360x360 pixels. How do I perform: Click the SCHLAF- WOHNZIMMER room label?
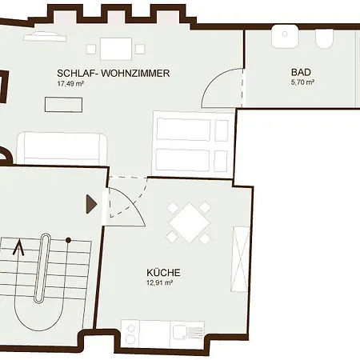point(114,73)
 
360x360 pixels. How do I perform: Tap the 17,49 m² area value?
point(70,83)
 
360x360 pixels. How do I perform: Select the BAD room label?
point(301,72)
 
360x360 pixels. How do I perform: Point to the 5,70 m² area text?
point(302,82)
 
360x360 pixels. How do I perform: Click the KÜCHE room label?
point(163,273)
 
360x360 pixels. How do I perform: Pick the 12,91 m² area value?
point(159,282)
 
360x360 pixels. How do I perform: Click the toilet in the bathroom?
point(325,39)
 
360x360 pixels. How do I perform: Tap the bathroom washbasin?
point(285,36)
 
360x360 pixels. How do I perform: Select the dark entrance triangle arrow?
point(91,204)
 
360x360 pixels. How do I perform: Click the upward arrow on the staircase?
point(18,247)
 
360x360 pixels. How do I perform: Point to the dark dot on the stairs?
point(68,240)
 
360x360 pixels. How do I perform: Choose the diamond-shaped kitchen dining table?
point(190,223)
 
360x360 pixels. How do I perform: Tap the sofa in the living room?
point(62,148)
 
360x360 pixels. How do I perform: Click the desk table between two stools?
point(116,50)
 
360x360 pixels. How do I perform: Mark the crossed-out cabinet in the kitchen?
point(241,259)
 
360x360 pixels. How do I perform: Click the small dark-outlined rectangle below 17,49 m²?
point(63,105)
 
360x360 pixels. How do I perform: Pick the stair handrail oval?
point(42,268)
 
